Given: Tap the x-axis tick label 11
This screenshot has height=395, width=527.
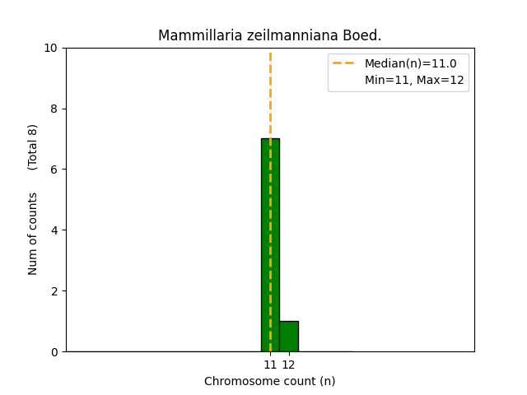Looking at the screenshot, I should coord(270,365).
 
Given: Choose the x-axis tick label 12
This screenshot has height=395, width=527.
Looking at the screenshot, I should coord(288,365).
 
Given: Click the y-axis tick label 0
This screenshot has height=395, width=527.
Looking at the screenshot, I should coord(54,352).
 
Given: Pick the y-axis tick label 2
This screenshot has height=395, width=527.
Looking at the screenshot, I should coord(54,291).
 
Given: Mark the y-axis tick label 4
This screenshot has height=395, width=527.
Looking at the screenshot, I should coord(54,230).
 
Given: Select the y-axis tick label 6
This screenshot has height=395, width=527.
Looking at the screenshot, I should coord(54,170).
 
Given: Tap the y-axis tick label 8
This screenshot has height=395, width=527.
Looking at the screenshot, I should coord(54,109).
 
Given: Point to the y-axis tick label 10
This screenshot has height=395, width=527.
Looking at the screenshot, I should coord(51,48).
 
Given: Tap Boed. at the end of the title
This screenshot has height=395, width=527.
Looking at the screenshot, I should coord(363,35).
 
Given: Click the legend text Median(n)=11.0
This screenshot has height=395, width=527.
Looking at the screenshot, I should coord(410,63).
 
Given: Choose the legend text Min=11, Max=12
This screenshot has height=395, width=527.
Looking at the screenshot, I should coord(414,80).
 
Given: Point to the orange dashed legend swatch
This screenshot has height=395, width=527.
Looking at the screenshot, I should coord(346,63).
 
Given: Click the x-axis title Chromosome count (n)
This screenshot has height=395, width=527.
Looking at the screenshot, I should coord(270,381).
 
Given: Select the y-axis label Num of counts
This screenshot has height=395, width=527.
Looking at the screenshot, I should coord(33,234).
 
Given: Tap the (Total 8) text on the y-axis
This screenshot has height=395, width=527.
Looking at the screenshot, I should coord(33,146).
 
